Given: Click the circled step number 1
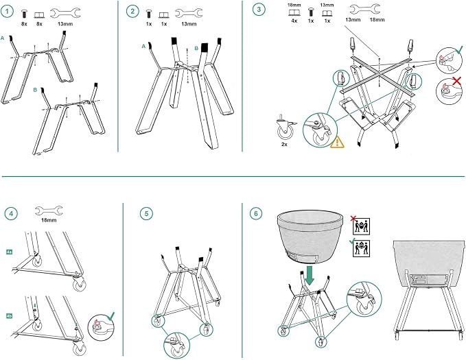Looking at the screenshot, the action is (x=7, y=12).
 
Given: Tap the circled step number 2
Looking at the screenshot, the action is (x=132, y=12).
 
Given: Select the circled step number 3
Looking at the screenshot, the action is (x=259, y=9).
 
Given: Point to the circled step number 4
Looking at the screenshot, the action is (x=11, y=213).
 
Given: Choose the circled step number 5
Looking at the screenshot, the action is (x=146, y=213).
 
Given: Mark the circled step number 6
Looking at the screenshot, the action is (x=256, y=213).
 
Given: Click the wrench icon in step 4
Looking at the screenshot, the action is (x=49, y=211).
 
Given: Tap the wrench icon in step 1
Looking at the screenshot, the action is (x=65, y=13).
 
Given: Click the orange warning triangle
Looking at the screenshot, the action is (x=337, y=142).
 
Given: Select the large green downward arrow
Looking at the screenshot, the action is (x=310, y=276).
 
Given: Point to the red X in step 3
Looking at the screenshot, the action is (x=457, y=80).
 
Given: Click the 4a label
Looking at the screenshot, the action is (x=9, y=252).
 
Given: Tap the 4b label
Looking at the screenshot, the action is (x=9, y=316).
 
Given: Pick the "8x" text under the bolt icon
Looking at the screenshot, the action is (x=24, y=24).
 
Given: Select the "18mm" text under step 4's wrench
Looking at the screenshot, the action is (x=49, y=220).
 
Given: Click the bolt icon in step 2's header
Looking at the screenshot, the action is (x=149, y=14).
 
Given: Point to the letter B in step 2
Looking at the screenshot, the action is (x=196, y=48).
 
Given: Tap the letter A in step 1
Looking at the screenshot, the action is (x=3, y=38).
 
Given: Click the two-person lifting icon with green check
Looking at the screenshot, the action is (x=361, y=248).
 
